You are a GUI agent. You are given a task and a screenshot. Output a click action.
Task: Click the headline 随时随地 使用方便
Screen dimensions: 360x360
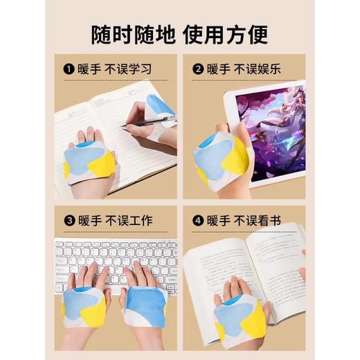point(179,33)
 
